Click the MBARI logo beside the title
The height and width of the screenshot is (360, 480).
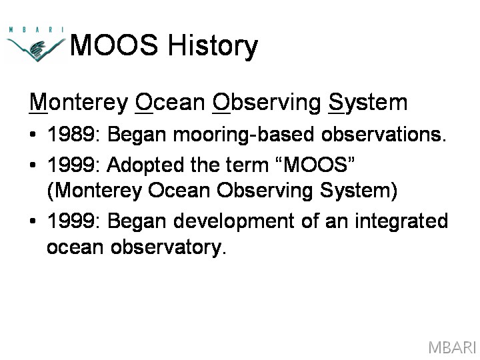(x=35, y=44)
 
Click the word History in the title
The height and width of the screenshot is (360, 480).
(x=213, y=46)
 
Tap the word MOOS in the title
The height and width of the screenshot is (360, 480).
(x=114, y=45)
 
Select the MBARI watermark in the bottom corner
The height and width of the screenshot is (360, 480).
(x=451, y=347)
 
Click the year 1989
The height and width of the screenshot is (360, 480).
(x=71, y=134)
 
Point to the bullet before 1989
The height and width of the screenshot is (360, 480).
(x=33, y=134)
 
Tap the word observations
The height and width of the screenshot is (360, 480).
(x=383, y=134)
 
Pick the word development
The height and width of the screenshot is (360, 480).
(x=233, y=221)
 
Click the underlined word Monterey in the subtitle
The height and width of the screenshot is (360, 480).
(x=79, y=103)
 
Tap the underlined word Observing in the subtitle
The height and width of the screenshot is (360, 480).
(x=267, y=103)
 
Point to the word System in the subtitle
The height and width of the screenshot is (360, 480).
(x=367, y=103)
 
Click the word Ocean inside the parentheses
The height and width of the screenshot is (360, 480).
(x=179, y=191)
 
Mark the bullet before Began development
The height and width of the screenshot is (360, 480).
(x=33, y=221)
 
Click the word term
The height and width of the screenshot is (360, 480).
(x=247, y=165)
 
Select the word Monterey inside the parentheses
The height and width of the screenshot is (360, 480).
(x=95, y=191)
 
